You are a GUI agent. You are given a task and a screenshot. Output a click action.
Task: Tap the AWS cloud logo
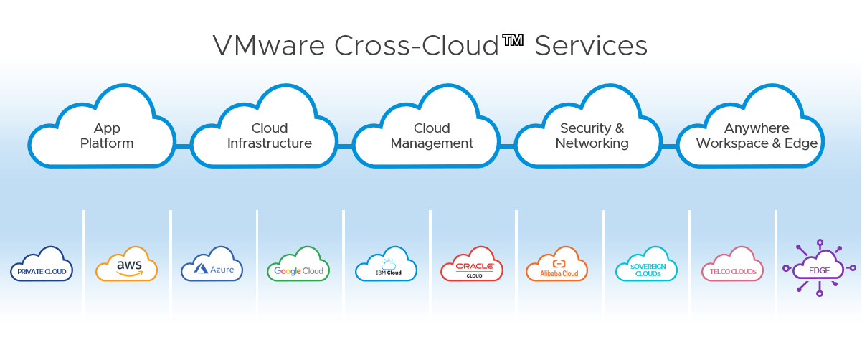127,265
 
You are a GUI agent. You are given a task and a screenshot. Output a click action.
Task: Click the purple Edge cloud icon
819,268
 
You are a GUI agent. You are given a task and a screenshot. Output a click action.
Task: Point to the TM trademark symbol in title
513,40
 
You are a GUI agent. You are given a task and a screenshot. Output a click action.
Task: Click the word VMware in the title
269,46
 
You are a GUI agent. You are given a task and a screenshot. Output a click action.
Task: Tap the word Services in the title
591,46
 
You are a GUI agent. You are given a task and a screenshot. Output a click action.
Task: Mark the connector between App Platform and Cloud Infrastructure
183,146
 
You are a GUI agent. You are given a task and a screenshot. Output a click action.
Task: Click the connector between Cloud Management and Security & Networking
508,146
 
